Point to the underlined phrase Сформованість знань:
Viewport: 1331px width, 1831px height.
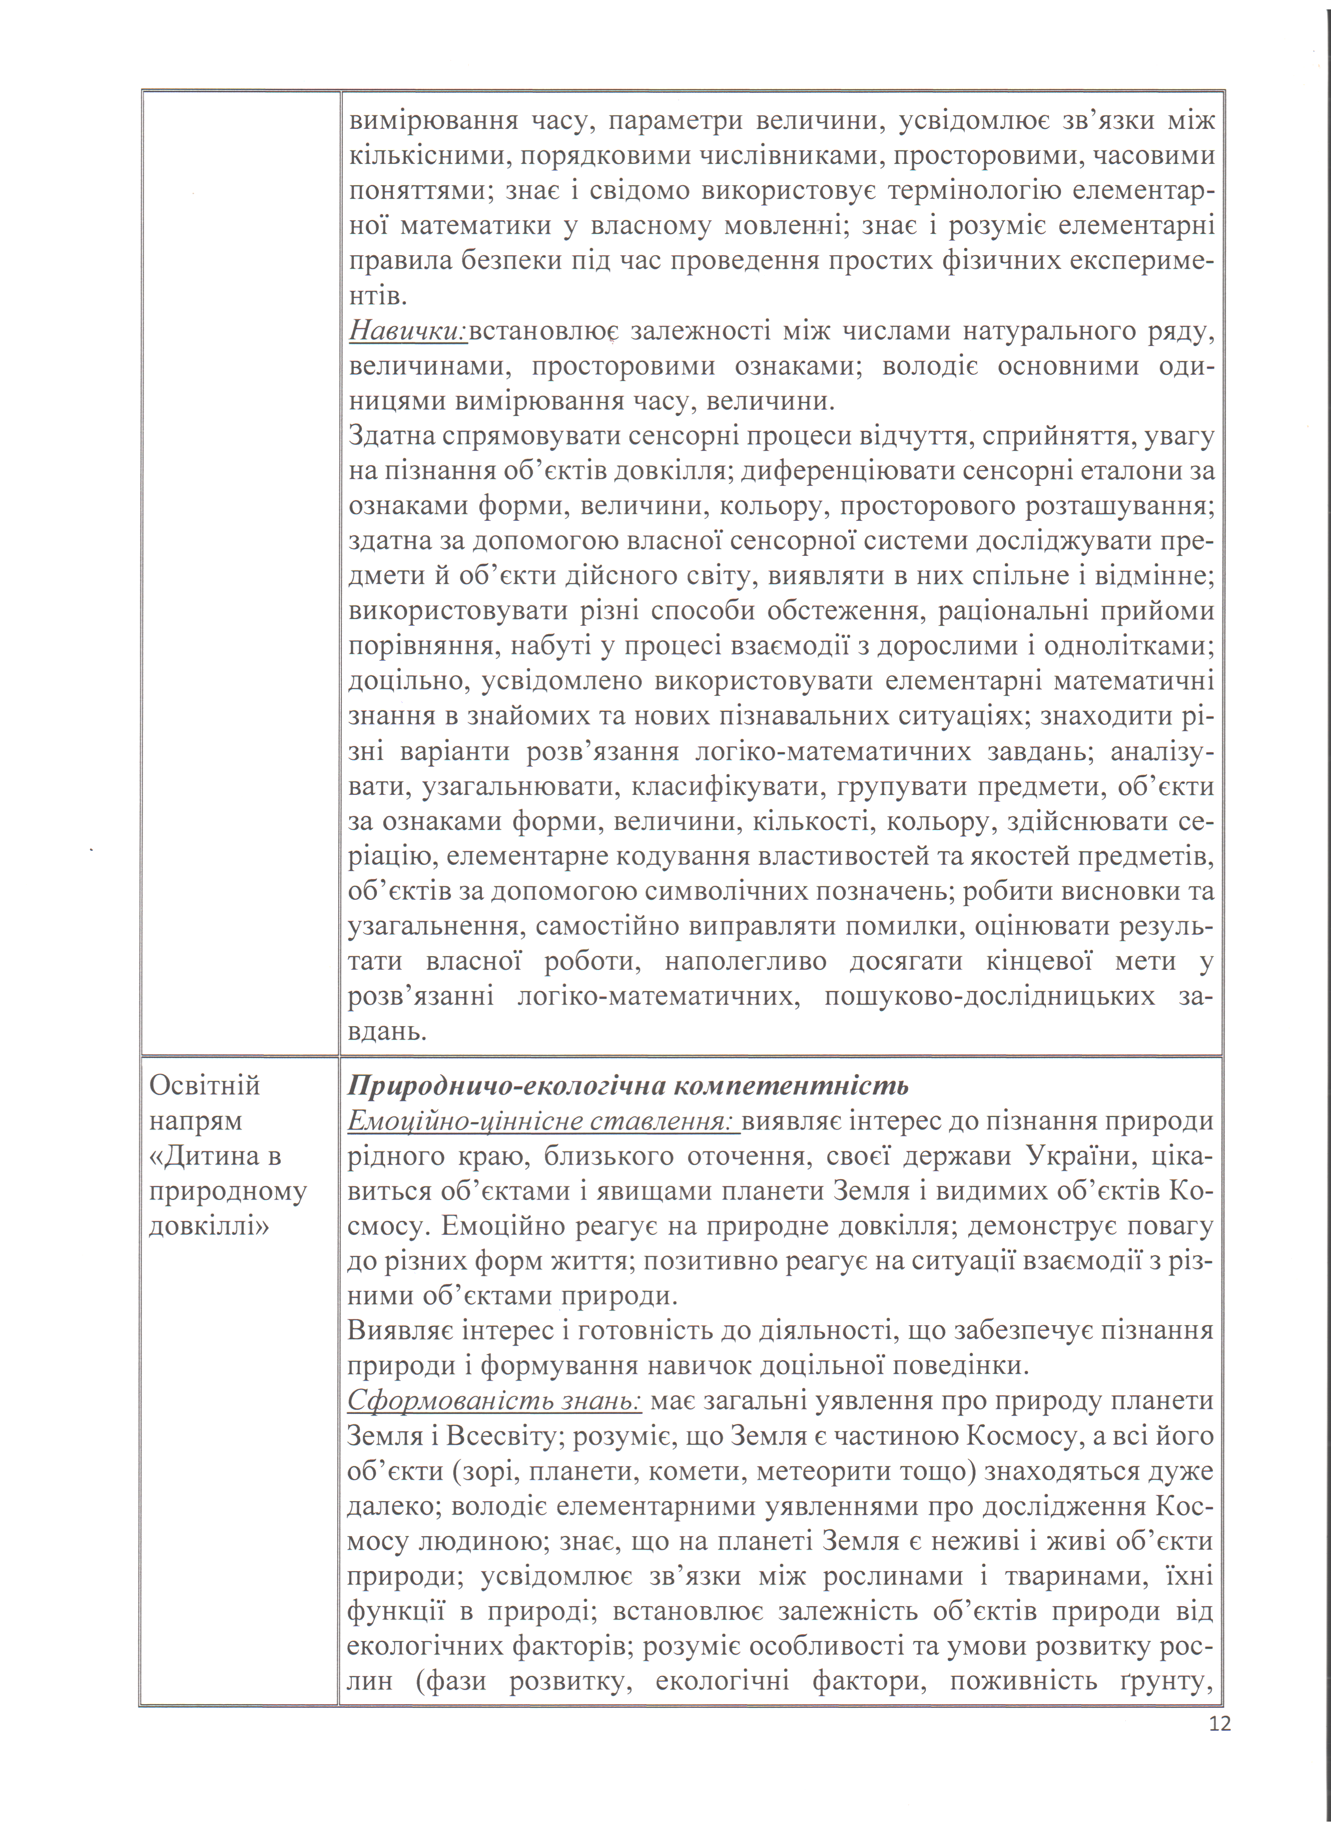click(x=494, y=1401)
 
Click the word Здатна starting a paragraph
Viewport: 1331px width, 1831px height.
click(x=393, y=436)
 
